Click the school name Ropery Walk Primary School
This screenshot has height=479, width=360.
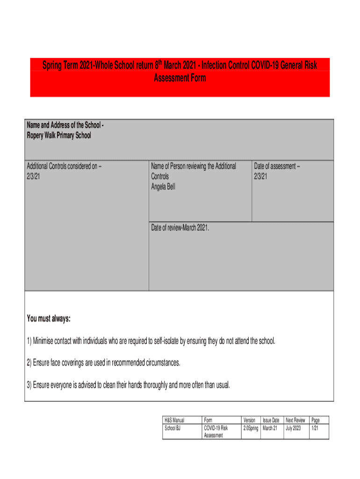pos(59,136)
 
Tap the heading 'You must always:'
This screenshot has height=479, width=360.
pos(49,319)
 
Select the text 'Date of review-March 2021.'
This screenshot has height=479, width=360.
pos(180,228)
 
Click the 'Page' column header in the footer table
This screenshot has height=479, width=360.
pos(315,421)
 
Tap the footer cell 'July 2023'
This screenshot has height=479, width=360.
pos(293,428)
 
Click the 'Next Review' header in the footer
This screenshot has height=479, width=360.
pos(295,421)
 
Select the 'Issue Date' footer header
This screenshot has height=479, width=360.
pos(271,421)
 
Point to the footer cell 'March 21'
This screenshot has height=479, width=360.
pos(270,428)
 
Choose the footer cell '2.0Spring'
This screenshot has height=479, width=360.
pos(251,428)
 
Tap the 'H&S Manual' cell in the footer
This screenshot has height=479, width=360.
pos(174,421)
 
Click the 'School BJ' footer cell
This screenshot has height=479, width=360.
pos(173,428)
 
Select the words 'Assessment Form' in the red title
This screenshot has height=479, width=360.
pos(180,78)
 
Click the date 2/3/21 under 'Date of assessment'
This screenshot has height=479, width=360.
pos(260,176)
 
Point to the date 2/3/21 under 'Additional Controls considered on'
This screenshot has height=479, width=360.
pos(33,176)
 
